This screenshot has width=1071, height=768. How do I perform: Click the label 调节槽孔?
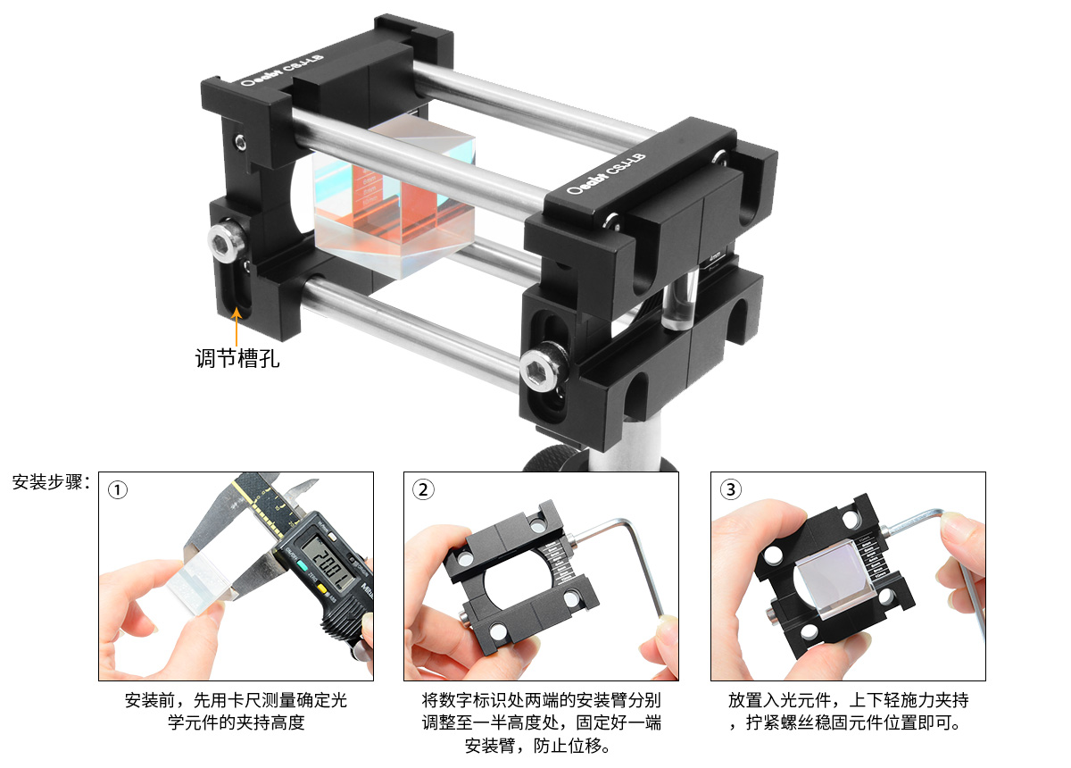pyautogui.click(x=237, y=358)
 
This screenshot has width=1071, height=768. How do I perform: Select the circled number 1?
pyautogui.click(x=118, y=490)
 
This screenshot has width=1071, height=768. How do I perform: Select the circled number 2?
pyautogui.click(x=423, y=489)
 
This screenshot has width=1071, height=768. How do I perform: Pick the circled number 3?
pyautogui.click(x=731, y=489)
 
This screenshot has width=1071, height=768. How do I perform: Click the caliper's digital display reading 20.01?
pyautogui.click(x=329, y=568)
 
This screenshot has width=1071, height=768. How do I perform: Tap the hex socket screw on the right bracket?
pyautogui.click(x=544, y=367)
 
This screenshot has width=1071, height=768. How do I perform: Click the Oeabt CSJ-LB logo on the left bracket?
pyautogui.click(x=282, y=70)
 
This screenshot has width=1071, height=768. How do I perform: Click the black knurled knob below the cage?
pyautogui.click(x=555, y=458)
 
